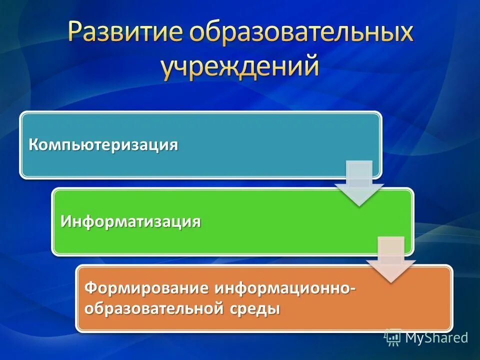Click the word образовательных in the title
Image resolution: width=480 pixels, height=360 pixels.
pos(300,33)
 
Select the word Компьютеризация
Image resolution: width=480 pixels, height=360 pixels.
pos(103,145)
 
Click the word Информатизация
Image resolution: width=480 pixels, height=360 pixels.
pos(131,221)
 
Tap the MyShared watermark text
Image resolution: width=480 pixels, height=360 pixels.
pos(436,338)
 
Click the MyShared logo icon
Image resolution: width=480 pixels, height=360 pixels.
pos(393,337)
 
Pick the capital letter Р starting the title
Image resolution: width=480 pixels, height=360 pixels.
pos(75,33)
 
